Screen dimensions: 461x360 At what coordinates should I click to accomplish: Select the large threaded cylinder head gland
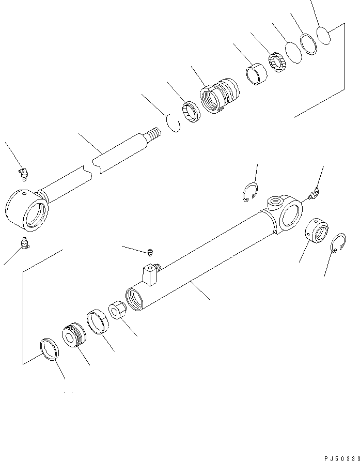pyautogui.click(x=220, y=95)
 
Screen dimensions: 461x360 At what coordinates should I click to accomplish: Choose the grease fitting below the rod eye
pyautogui.click(x=24, y=242)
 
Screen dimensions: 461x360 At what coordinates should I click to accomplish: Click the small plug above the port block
pyautogui.click(x=150, y=252)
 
